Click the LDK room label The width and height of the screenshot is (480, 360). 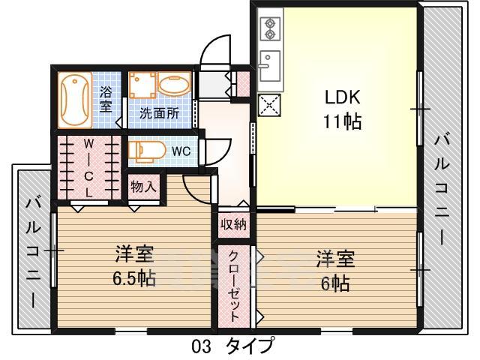pos(342,97)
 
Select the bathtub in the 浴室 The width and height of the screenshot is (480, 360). pos(76,100)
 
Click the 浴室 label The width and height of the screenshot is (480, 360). pos(106,100)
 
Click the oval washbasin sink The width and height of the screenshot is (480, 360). pos(175,87)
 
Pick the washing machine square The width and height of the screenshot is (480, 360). pos(142,88)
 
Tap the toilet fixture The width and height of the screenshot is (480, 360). pos(146,151)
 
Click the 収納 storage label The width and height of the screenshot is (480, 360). pos(233,223)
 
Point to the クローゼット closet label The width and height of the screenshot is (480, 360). pos(235,285)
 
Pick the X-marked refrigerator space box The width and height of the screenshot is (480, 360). pos(268,105)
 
